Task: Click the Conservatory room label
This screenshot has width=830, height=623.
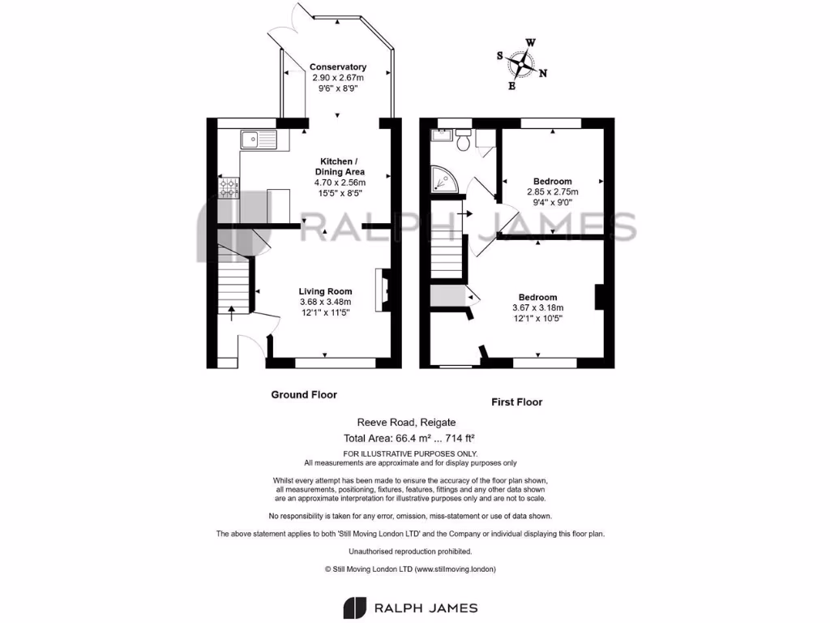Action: click(x=338, y=67)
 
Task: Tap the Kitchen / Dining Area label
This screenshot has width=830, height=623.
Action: click(x=340, y=166)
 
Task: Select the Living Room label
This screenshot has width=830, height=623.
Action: click(x=325, y=291)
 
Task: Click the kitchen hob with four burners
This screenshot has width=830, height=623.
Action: click(x=229, y=188)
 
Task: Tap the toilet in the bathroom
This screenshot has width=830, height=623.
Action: click(x=464, y=142)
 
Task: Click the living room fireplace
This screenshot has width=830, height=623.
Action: click(x=381, y=290)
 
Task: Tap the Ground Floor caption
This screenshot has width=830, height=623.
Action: click(x=303, y=395)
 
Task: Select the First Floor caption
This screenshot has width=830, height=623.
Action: click(x=517, y=402)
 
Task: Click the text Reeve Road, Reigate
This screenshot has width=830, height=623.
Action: click(x=407, y=423)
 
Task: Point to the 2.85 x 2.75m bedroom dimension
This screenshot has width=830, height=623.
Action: click(x=552, y=191)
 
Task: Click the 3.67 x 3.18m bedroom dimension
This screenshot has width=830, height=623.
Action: click(x=537, y=307)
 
